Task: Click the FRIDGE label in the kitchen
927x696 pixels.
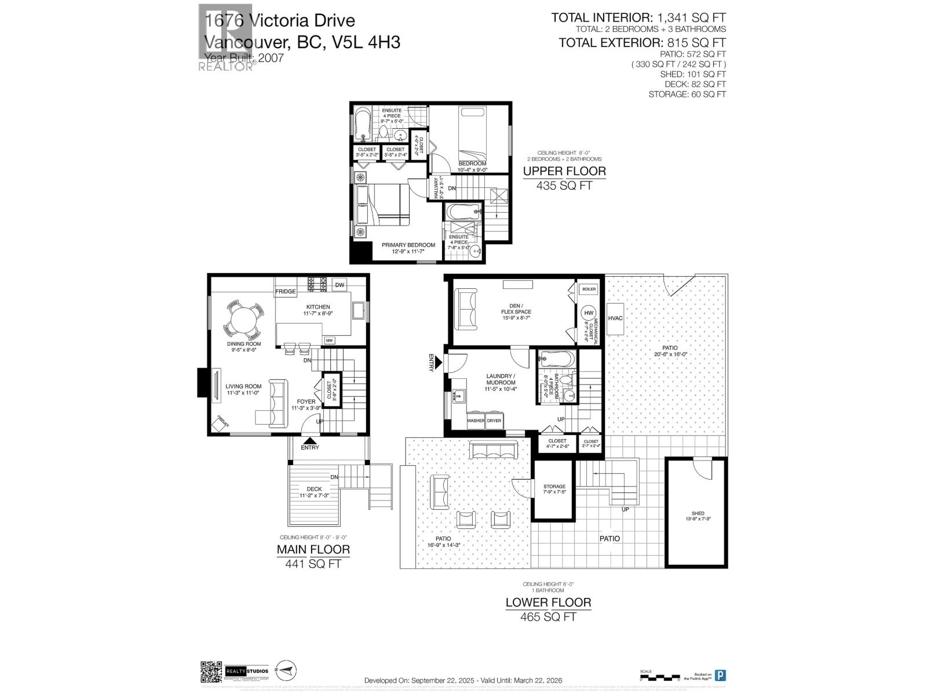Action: click(285, 291)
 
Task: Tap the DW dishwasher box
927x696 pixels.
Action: click(340, 285)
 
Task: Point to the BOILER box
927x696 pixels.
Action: click(589, 289)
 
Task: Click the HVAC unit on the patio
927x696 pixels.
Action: click(615, 318)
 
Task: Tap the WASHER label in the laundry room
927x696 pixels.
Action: click(476, 420)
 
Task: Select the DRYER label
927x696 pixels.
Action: click(494, 420)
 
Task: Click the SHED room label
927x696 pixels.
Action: click(698, 513)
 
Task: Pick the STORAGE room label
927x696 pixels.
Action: click(554, 487)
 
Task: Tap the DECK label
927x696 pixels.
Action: click(314, 489)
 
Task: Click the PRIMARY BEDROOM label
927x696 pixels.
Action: click(408, 245)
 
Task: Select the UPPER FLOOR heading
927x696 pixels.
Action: click(564, 171)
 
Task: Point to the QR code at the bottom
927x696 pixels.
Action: click(211, 672)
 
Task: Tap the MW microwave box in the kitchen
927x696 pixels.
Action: click(329, 340)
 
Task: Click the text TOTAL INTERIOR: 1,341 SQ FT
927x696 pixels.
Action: click(638, 18)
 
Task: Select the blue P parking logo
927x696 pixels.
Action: click(720, 675)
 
